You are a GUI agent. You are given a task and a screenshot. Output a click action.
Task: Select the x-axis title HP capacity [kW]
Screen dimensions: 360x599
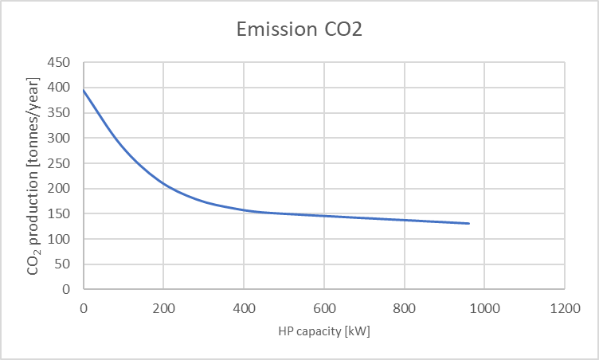pos(323,331)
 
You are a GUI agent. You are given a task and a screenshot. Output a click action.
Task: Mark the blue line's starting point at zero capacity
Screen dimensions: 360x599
pos(84,91)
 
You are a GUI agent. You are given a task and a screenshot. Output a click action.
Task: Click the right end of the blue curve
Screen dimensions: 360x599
pos(469,224)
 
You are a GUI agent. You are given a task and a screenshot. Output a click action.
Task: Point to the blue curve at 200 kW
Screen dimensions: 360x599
pos(163,184)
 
